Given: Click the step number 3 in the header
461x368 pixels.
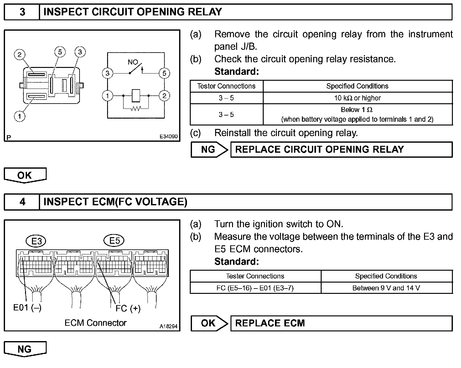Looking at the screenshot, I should (22, 12).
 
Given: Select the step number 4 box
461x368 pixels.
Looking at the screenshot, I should (22, 202).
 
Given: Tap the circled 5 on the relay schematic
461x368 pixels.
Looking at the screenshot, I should (164, 74).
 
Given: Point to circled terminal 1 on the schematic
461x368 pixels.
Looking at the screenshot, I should (107, 95).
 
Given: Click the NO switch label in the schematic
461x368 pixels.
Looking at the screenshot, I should (133, 62).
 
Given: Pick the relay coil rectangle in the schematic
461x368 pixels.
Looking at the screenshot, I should (136, 95).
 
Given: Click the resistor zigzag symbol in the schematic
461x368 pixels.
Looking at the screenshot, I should (136, 109).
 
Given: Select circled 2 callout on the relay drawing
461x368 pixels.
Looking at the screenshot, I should (19, 55).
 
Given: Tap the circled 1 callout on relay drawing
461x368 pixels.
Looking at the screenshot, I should (19, 117).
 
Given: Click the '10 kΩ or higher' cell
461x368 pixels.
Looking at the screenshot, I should (357, 98).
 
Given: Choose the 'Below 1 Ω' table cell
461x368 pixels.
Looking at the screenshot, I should (357, 114).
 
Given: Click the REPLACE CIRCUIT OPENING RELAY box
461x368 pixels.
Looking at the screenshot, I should (341, 150).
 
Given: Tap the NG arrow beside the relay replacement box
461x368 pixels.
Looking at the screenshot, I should (209, 150).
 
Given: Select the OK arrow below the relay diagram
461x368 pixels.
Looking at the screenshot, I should (25, 175).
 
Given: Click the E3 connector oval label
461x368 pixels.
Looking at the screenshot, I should (37, 241).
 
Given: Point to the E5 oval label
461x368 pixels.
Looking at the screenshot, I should (114, 241).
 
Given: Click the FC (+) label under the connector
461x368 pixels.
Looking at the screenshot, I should (128, 309).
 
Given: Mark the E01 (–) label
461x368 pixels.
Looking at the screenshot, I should (27, 308).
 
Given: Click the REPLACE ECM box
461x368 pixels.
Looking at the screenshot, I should (341, 323).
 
